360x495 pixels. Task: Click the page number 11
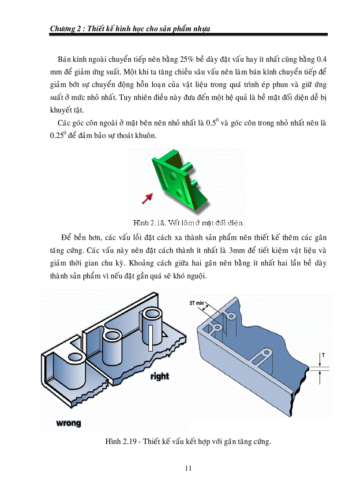pos(188,468)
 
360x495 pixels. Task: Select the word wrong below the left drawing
pos(68,423)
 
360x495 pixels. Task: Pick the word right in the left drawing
pos(159,376)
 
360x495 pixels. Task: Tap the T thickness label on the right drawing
pos(323,355)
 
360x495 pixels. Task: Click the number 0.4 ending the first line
pos(322,60)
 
